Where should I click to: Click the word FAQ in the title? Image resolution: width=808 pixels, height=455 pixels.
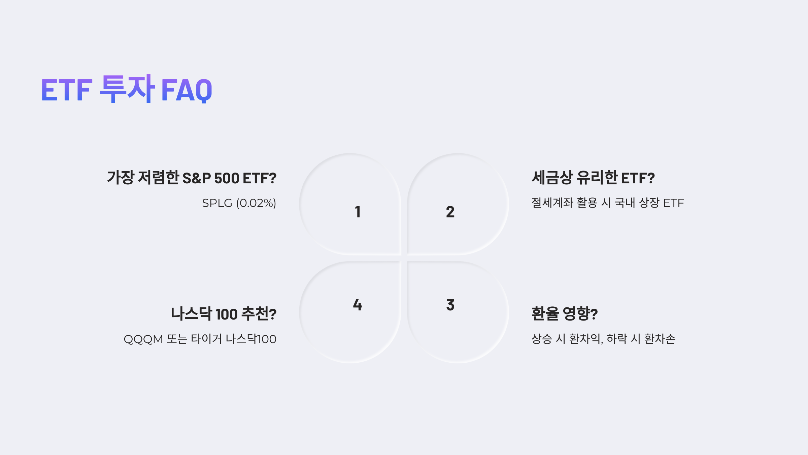(187, 90)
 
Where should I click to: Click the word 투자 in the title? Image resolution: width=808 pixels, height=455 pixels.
(127, 88)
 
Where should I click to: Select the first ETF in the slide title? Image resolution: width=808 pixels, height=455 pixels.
(67, 90)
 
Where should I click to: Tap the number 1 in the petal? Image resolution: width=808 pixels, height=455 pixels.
(358, 212)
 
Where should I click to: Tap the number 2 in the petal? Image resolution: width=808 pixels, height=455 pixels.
(450, 212)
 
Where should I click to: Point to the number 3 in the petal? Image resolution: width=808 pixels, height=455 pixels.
(450, 305)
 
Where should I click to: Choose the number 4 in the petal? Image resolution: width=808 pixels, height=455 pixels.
(358, 305)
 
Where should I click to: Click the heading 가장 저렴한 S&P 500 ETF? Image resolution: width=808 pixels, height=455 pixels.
(192, 178)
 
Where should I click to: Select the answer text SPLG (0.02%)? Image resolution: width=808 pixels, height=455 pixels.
(239, 203)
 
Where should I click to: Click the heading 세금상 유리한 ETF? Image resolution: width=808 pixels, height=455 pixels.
(593, 178)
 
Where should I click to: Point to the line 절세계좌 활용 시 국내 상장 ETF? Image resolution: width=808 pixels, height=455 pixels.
(608, 203)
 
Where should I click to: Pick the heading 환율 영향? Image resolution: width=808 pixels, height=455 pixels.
(565, 313)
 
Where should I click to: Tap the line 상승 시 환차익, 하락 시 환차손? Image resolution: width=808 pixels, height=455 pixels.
(603, 339)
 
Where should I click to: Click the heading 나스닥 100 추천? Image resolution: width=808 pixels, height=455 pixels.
(224, 313)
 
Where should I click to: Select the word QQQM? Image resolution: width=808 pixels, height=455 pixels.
(143, 339)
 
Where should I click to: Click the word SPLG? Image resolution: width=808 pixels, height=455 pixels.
(217, 203)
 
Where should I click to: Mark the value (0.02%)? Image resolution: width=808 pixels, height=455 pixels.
(256, 203)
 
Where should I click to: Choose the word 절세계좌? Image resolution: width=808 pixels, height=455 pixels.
(552, 203)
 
